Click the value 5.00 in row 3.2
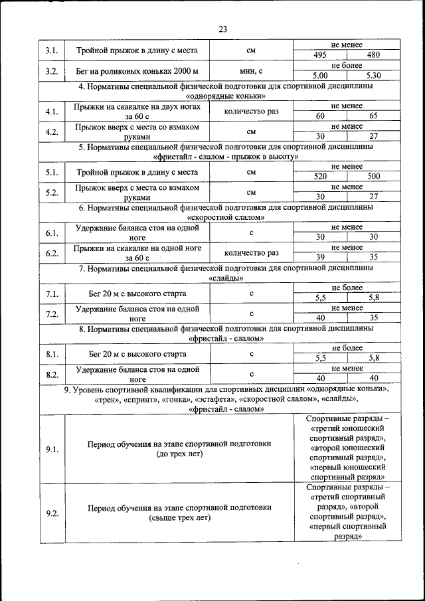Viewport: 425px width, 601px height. [x=321, y=76]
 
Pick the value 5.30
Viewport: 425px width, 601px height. [x=373, y=76]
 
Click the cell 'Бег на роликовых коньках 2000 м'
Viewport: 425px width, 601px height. [x=137, y=71]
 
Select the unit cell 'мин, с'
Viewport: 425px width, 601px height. [x=252, y=71]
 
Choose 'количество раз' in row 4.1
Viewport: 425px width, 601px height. [x=252, y=112]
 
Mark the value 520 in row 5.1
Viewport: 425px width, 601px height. [x=321, y=177]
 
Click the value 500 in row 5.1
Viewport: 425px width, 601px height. [x=373, y=177]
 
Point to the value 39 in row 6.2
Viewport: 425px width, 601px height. [x=321, y=258]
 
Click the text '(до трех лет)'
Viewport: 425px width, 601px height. [x=179, y=455]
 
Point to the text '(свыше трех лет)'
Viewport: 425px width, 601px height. [x=179, y=518]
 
